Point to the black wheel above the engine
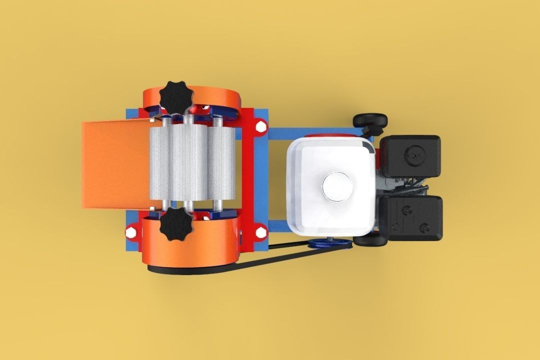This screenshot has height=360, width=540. [370, 120]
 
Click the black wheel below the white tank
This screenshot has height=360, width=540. [370, 240]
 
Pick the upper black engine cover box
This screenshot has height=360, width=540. [410, 155]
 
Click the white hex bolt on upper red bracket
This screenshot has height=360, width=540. [260, 126]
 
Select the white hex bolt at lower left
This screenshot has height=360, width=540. [130, 232]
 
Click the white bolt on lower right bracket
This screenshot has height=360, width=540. [260, 231]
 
